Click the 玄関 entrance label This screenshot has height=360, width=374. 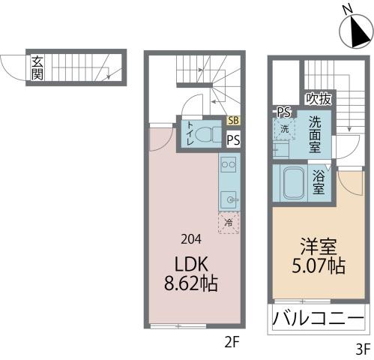(x=37, y=67)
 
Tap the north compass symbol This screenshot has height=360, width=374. (x=354, y=29)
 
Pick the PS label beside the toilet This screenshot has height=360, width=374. (x=234, y=139)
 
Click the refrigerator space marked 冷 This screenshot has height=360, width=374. (x=229, y=222)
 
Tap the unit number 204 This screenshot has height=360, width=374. (x=191, y=240)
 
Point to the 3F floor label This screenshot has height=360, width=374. (x=362, y=348)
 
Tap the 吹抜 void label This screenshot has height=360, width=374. (x=318, y=98)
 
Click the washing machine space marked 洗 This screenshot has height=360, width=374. (x=285, y=129)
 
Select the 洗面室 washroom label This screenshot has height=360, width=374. (x=314, y=133)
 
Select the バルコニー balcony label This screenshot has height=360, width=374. (x=317, y=318)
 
